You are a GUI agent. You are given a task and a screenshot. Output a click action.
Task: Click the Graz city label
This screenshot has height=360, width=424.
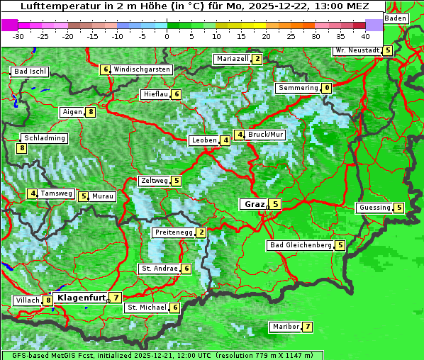pos(255,204)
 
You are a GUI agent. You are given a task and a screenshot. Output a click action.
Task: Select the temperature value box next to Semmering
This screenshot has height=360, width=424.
pos(326,88)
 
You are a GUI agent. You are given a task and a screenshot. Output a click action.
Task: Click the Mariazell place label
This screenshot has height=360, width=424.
pos(233,59)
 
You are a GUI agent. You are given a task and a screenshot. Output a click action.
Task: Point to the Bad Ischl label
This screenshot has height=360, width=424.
pos(30,72)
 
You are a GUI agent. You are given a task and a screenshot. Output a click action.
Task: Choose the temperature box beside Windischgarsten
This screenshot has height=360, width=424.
pos(105,69)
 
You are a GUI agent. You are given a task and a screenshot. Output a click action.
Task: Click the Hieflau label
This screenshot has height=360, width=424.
pos(155,94)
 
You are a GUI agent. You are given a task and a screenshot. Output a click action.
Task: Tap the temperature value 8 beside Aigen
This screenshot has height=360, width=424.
pos(91,112)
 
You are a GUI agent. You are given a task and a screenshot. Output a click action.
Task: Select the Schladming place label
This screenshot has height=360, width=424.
pos(44,138)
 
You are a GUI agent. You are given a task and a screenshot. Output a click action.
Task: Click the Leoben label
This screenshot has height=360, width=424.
pos(203,140)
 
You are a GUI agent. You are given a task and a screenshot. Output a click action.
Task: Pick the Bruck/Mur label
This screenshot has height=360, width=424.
pos(266,135)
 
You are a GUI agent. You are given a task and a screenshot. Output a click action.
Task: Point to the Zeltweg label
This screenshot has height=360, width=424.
pos(154,181)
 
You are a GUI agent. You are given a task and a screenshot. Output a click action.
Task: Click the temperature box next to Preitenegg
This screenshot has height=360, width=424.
pos(201,232)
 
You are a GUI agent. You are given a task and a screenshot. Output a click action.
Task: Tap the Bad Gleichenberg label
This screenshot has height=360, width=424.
pos(301,245)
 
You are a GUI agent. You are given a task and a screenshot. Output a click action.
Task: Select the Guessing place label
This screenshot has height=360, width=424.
pos(374,208)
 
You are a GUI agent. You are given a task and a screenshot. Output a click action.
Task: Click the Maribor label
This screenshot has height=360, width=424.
pos(284,327)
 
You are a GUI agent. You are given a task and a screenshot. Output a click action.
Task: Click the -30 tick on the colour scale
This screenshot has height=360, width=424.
pos(18,35)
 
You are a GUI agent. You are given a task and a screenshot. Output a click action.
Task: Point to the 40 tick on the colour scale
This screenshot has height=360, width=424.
pos(364,35)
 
